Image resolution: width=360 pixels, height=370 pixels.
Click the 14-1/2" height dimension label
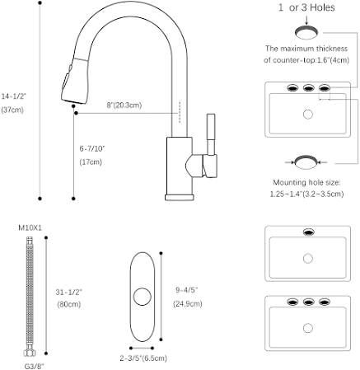pyautogui.click(x=14, y=96)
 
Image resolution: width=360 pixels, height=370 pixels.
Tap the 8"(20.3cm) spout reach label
pyautogui.click(x=124, y=105)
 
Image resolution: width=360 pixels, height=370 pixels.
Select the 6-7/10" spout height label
pyautogui.click(x=92, y=148)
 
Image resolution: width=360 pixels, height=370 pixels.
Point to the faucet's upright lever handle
pyautogui.click(x=211, y=134)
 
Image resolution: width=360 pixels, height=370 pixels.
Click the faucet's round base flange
pyautogui.click(x=180, y=197)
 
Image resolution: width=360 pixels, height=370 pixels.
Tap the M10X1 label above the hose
pyautogui.click(x=30, y=227)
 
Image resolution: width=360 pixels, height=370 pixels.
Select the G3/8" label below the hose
pyautogui.click(x=35, y=366)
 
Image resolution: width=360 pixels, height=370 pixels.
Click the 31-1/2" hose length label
pyautogui.click(x=69, y=292)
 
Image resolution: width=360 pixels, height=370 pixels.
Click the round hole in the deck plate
pyautogui.click(x=143, y=297)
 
